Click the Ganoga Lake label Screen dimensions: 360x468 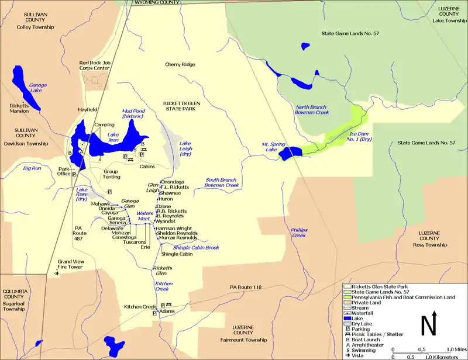coord(38,89)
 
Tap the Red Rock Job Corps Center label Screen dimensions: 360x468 coord(94,65)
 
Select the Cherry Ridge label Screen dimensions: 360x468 coord(180,64)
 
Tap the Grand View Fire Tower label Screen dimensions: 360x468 coord(73,264)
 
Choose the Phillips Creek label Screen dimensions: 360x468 coord(299,233)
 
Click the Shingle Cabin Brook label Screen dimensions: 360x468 coord(195,248)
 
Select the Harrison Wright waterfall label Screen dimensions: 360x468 coord(174,228)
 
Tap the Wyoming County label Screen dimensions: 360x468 coord(157,3)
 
